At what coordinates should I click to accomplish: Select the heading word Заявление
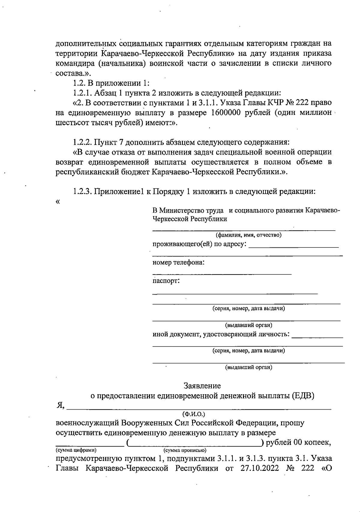pyautogui.click(x=202, y=386)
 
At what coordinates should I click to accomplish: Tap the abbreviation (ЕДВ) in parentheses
pyautogui.click(x=303, y=396)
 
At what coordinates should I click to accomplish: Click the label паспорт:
pyautogui.click(x=166, y=281)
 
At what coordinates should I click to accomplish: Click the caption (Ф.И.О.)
pyautogui.click(x=194, y=414)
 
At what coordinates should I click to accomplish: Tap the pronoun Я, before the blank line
pyautogui.click(x=61, y=405)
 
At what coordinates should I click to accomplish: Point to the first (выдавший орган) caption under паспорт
pyautogui.click(x=249, y=325)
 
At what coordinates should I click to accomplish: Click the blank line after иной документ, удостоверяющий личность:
pyautogui.click(x=317, y=337)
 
